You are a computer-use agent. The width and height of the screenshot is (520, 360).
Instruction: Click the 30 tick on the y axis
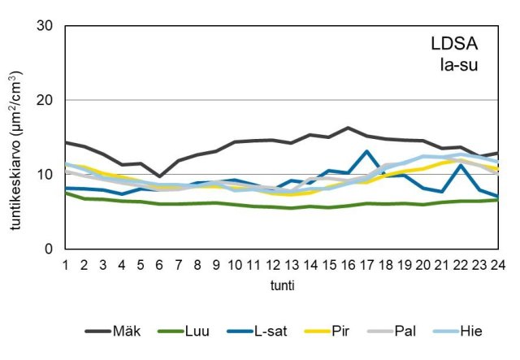pyautogui.click(x=45, y=26)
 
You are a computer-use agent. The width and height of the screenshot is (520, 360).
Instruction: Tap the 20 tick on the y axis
pyautogui.click(x=45, y=100)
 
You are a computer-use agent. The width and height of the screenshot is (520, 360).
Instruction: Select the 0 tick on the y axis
pyautogui.click(x=50, y=249)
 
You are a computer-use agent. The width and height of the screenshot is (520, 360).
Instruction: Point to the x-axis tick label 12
pyautogui.click(x=273, y=265)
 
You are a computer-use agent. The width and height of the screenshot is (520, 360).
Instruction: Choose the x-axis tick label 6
pyautogui.click(x=159, y=265)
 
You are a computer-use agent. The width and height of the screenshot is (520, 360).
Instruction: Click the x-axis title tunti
pyautogui.click(x=282, y=286)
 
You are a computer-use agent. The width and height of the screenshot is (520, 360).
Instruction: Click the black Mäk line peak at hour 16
pyautogui.click(x=349, y=128)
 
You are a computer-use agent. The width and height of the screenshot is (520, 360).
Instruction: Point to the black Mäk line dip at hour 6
pyautogui.click(x=159, y=176)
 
